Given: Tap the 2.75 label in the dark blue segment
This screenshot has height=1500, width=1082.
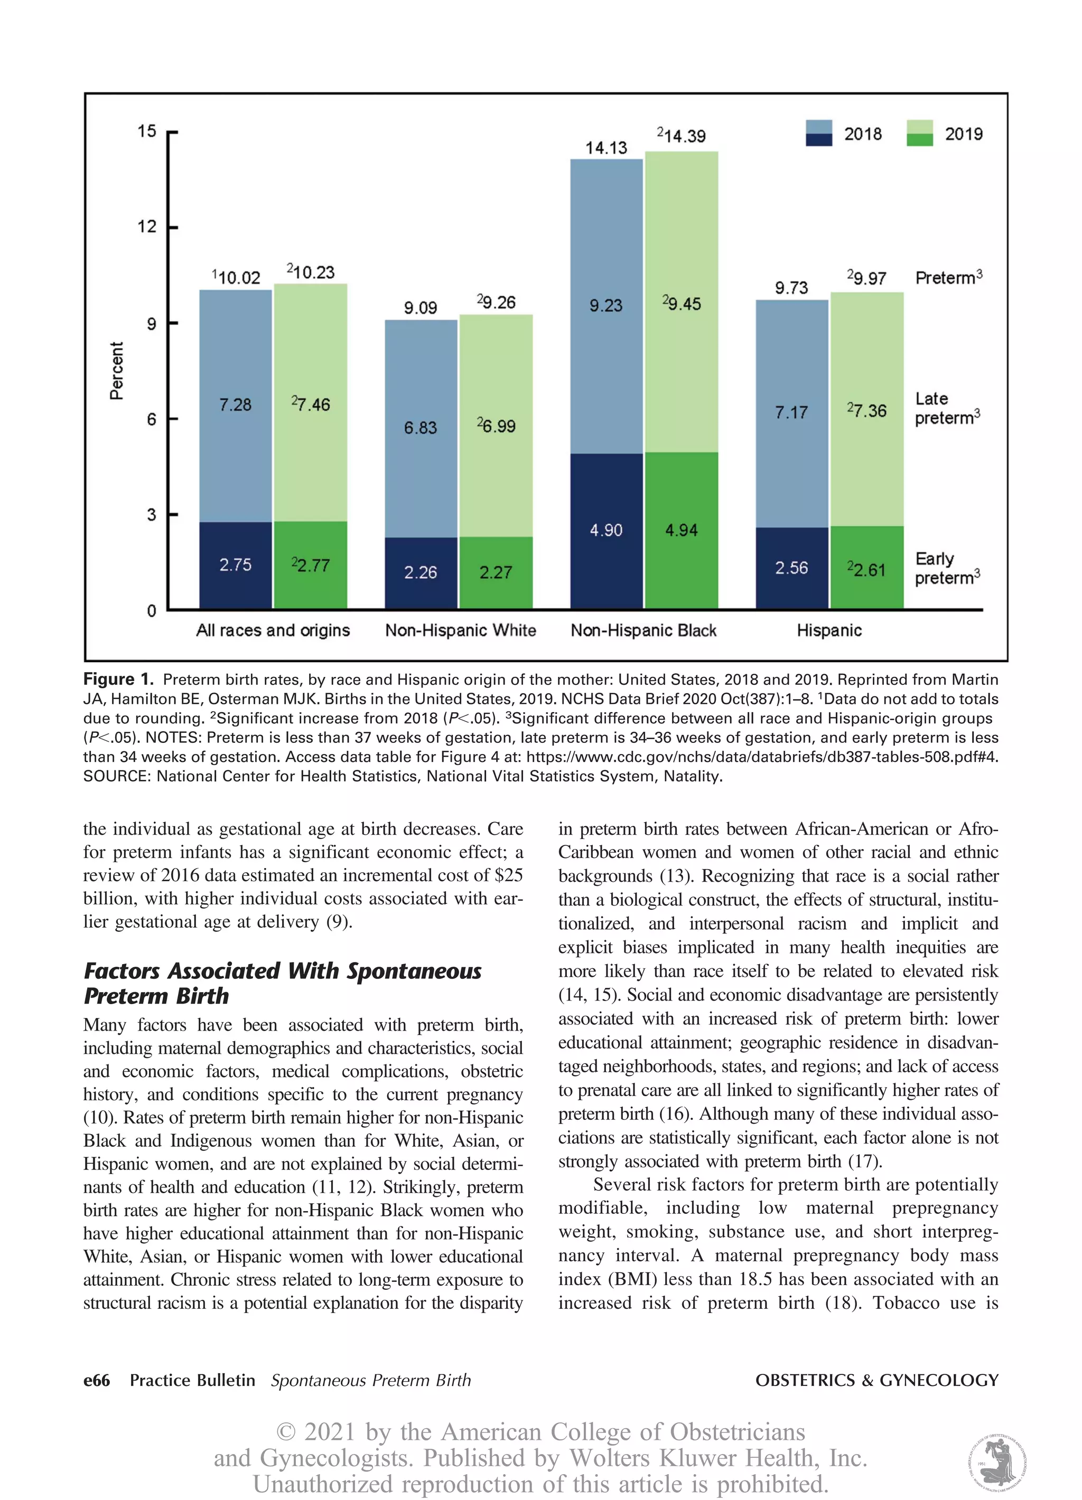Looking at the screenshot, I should [x=236, y=565].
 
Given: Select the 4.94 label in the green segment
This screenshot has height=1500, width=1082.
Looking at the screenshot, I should [x=681, y=530].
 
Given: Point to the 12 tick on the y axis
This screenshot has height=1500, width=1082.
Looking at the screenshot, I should [x=147, y=227].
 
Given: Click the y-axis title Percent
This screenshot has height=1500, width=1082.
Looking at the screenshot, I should [x=116, y=370].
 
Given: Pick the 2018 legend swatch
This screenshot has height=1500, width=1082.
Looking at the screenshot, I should [x=818, y=133].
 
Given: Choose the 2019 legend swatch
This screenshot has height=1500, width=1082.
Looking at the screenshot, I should [x=919, y=133].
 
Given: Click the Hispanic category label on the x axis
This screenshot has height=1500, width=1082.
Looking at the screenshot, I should [x=829, y=630].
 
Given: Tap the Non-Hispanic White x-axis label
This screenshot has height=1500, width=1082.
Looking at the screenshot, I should [x=461, y=630].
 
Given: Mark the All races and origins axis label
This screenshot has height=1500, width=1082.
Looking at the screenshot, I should [x=273, y=630].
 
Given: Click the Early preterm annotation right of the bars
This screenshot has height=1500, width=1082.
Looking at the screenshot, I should [x=946, y=569].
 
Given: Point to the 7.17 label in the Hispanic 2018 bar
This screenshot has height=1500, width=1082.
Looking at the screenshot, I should [x=791, y=413].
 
